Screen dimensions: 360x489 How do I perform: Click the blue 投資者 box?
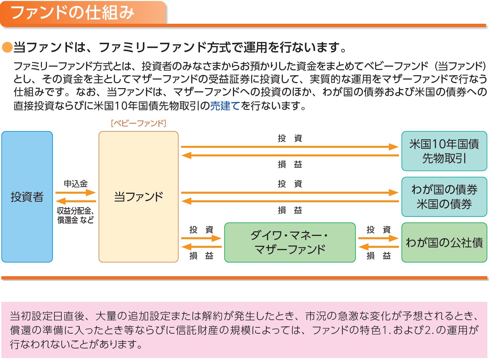(27, 197)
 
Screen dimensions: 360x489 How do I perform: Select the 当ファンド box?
(138, 197)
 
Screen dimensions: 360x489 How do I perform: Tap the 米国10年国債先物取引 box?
(444, 151)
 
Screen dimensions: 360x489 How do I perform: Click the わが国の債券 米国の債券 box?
(444, 197)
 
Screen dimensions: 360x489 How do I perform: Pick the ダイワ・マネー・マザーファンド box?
(290, 243)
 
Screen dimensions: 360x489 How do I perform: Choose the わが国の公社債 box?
(444, 243)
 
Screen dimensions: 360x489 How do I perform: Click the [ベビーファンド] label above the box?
(138, 123)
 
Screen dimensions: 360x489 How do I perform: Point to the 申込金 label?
(76, 183)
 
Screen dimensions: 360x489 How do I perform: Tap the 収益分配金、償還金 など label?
(76, 215)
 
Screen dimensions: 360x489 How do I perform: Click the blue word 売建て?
(225, 106)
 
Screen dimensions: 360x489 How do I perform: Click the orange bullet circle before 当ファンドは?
(7, 48)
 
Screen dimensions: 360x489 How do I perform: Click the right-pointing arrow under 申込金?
(76, 192)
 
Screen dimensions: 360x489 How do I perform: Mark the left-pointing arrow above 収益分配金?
(76, 201)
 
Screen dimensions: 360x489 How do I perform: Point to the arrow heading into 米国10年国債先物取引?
(290, 147)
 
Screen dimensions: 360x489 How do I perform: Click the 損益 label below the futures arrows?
(290, 164)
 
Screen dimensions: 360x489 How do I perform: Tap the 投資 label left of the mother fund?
(201, 229)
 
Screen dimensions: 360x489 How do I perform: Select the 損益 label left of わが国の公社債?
(378, 255)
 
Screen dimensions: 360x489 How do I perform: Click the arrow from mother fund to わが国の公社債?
(378, 238)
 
